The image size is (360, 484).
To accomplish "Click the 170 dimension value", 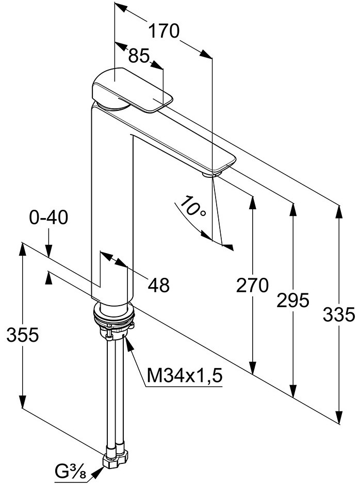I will (164, 32).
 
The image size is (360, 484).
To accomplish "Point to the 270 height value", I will (252, 285).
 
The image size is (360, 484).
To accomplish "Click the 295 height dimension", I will (293, 300).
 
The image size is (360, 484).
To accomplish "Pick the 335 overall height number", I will (339, 313).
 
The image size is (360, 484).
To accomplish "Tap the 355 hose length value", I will (23, 335).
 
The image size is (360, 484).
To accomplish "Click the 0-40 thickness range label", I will (48, 219).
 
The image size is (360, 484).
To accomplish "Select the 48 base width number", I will (158, 285).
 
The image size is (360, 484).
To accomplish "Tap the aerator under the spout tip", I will (209, 175).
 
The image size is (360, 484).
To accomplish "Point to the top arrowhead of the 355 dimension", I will (23, 248).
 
